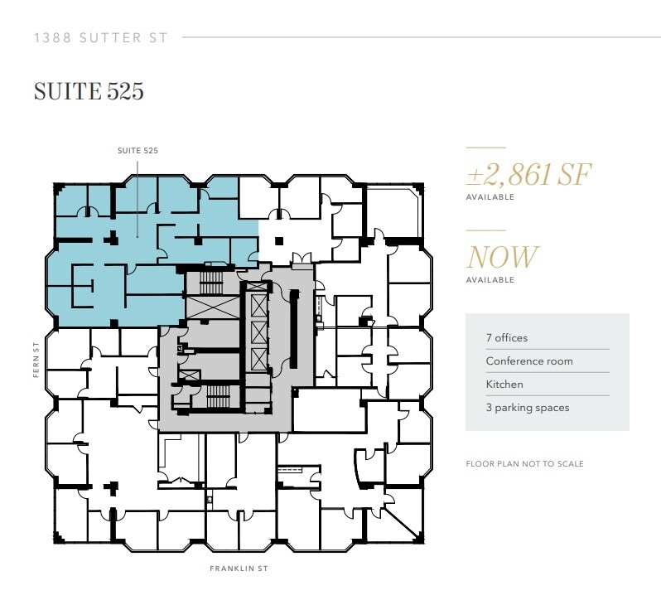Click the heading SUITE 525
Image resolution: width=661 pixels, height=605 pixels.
tap(89, 91)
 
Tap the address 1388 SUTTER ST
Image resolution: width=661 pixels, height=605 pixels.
tap(101, 37)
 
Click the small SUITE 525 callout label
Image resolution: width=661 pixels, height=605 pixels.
tap(138, 151)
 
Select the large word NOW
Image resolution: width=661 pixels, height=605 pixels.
tap(502, 257)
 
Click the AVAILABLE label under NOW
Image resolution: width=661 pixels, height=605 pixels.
tap(490, 280)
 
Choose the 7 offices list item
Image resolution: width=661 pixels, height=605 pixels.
tap(506, 338)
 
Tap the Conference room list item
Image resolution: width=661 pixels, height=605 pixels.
tap(529, 361)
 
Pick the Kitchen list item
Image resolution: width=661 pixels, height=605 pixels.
tap(504, 385)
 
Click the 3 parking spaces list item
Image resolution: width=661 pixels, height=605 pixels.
tap(528, 408)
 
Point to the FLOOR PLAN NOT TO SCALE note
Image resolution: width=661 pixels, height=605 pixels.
tap(524, 464)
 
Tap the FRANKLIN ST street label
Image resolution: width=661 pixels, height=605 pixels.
tap(239, 569)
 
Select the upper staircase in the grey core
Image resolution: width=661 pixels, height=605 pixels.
tap(211, 283)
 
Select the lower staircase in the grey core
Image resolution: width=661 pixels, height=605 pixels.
tap(218, 396)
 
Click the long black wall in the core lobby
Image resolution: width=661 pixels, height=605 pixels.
tap(293, 327)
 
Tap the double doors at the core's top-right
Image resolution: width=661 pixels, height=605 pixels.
tap(302, 259)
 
